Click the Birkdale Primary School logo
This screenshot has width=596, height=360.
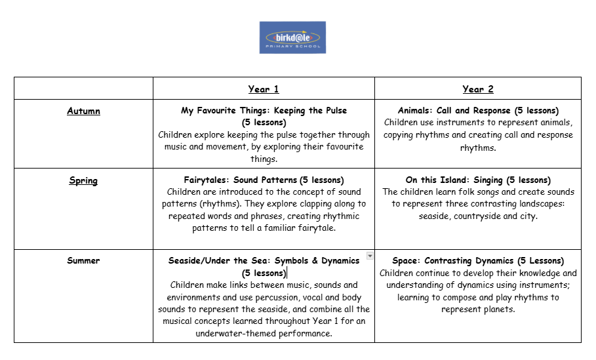292,37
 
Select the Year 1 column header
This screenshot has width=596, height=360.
264,89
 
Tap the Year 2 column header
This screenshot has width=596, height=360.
478,89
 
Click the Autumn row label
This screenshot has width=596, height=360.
83,111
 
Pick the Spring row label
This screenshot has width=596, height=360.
83,180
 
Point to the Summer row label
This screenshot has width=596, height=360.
83,260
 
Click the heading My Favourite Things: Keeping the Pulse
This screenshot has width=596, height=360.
264,111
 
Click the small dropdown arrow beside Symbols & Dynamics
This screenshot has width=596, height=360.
370,256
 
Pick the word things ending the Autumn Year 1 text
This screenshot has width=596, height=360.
264,159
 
